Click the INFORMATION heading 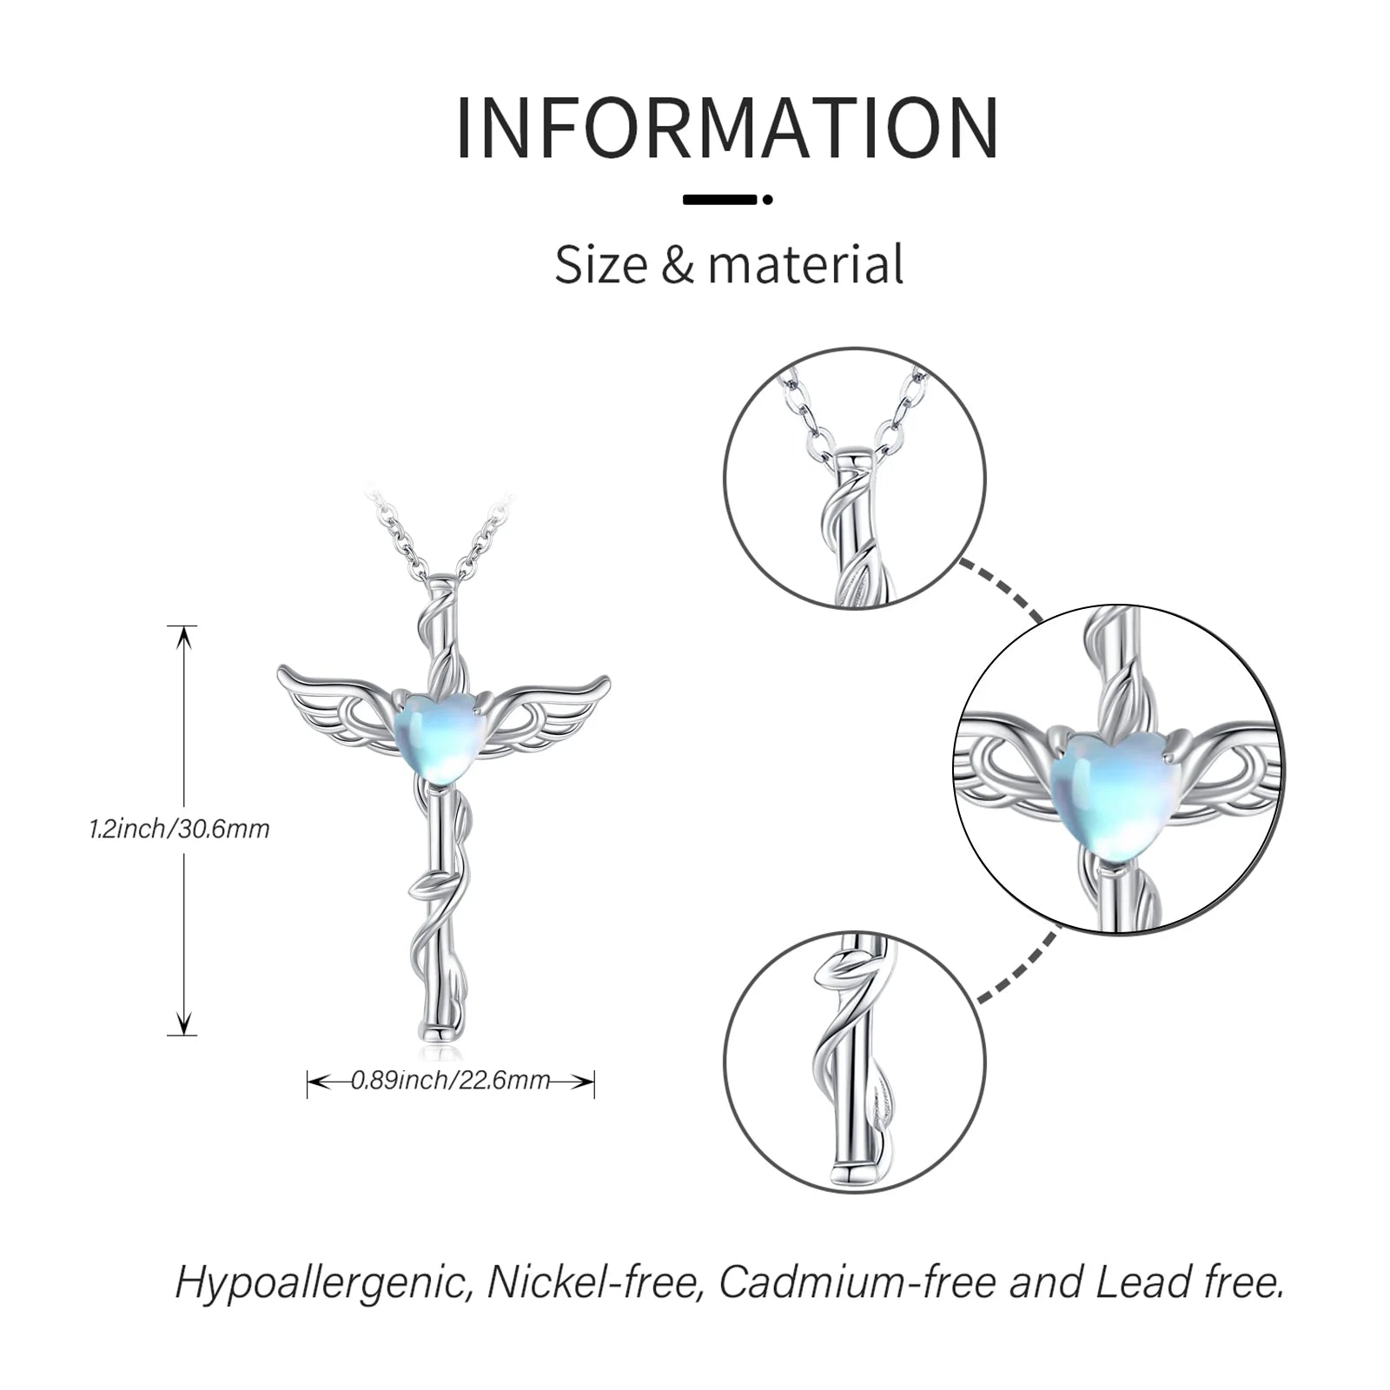tap(728, 129)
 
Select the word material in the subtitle tap(805, 264)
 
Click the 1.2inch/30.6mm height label tap(180, 829)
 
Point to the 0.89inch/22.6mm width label tap(450, 1080)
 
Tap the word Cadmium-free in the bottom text tap(856, 1282)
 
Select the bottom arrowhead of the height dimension tap(182, 1023)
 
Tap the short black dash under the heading tap(721, 199)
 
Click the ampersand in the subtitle tap(678, 265)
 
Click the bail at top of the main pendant tap(444, 579)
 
